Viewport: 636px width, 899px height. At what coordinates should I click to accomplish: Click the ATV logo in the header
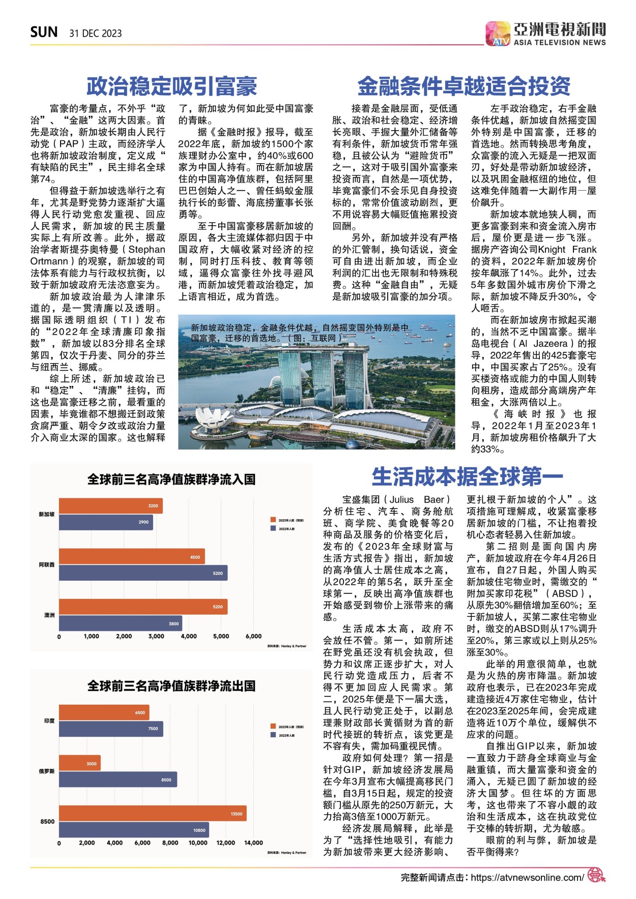[497, 34]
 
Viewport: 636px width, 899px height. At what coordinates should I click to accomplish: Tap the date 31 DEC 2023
[96, 34]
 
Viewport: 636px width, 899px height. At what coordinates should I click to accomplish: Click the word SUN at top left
[44, 33]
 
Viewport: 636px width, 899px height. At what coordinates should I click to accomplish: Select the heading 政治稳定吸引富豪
[171, 86]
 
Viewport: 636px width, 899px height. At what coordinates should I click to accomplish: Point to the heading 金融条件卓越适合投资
[464, 86]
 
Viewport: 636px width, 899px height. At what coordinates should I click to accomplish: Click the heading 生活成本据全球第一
[467, 477]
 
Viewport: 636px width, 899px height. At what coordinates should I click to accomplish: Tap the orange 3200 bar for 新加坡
[110, 506]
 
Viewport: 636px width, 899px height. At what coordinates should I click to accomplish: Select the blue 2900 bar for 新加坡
[106, 522]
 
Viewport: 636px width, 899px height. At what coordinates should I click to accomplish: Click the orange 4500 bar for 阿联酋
[132, 557]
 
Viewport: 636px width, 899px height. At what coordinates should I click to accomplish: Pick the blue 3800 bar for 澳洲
[120, 623]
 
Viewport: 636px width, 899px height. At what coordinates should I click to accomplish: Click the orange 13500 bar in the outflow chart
[153, 814]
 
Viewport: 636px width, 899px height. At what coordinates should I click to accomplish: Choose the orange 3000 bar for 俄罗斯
[79, 763]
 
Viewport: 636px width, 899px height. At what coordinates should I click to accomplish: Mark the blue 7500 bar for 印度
[111, 729]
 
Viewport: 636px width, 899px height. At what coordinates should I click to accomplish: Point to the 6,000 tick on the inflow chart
[253, 636]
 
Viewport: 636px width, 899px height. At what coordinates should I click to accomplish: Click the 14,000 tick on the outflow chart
[253, 843]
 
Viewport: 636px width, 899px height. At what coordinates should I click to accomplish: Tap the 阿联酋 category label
[47, 565]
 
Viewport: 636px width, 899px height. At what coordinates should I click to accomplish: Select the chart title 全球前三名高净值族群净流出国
[171, 686]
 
